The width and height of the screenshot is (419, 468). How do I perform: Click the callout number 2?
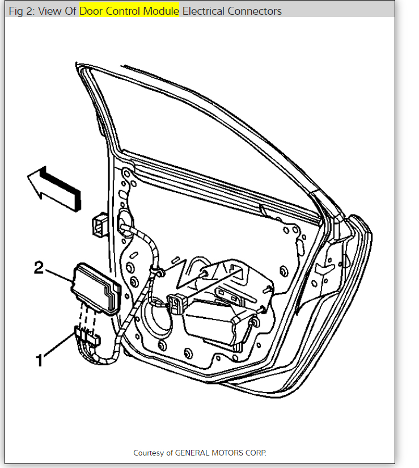[39, 267]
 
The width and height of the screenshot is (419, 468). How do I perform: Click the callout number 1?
[39, 359]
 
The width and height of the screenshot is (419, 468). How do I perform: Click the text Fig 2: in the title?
[22, 11]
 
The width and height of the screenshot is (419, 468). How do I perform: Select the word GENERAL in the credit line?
[192, 453]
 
